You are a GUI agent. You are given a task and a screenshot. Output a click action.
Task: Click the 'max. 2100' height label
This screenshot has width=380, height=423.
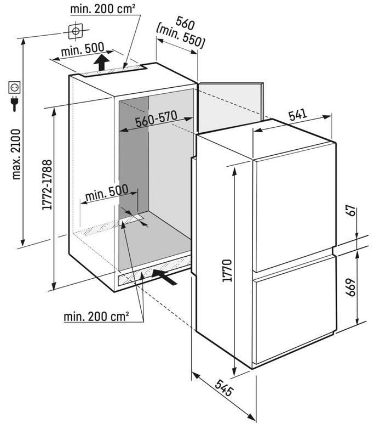click(x=16, y=154)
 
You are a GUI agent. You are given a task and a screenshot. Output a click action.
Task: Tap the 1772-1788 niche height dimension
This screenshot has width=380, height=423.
click(x=47, y=185)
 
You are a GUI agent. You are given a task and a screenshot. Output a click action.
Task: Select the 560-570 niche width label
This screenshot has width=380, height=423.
click(x=156, y=119)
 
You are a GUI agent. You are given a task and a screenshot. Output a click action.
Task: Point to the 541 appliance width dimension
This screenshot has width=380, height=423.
click(x=298, y=114)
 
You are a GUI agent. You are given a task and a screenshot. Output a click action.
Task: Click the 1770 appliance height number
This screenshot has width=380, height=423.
click(x=227, y=270)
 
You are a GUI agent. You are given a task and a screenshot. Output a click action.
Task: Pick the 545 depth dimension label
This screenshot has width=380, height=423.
click(x=224, y=388)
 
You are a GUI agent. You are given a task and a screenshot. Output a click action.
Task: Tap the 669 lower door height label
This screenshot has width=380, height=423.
click(x=350, y=287)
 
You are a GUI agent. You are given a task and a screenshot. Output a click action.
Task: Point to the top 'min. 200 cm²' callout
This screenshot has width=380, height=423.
click(x=102, y=9)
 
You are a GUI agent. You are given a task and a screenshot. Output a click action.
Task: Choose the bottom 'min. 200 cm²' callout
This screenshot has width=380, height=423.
click(x=96, y=316)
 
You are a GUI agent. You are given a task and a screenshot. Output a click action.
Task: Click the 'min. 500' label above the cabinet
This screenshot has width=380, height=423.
click(x=83, y=49)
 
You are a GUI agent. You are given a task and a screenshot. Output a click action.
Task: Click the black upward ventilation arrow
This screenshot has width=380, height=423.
click(x=101, y=62)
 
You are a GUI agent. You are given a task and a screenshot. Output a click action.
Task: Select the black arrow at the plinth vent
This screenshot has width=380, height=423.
click(x=165, y=277)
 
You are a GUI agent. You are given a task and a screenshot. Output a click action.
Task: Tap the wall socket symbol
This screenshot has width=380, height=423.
click(x=14, y=87)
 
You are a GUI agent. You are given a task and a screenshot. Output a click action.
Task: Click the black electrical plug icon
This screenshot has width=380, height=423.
click(x=14, y=104)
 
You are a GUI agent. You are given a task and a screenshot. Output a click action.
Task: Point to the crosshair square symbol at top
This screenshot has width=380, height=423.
click(x=76, y=31)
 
